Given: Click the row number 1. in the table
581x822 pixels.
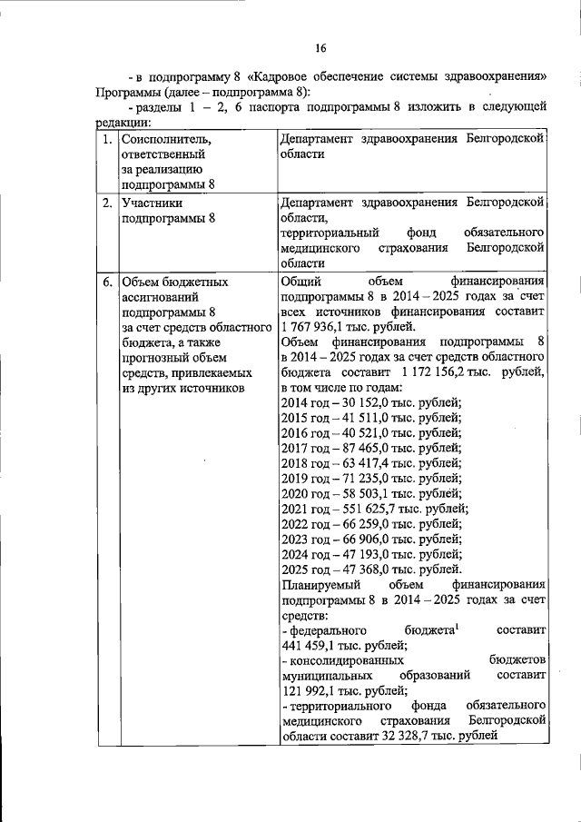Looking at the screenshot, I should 107,140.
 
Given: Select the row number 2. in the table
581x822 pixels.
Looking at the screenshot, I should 107,203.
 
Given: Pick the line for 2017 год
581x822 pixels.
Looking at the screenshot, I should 372,447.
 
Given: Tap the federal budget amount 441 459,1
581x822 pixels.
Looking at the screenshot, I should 316,645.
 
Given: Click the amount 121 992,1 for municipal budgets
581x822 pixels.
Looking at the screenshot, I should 316,690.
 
